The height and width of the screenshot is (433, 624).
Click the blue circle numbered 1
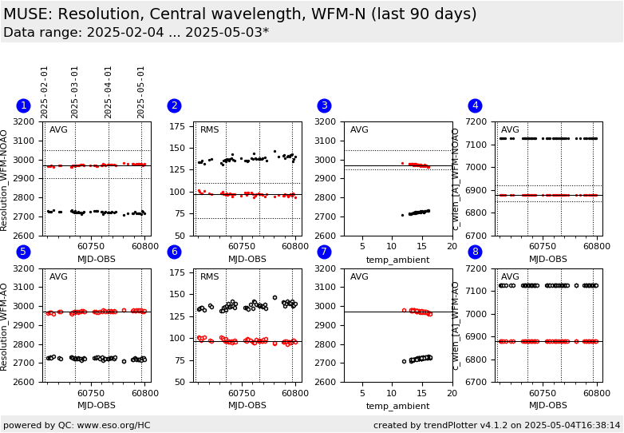(x=23, y=105)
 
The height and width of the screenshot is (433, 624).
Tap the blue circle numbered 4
(x=475, y=105)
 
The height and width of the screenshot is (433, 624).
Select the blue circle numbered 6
(x=174, y=252)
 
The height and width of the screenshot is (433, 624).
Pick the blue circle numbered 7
(x=324, y=252)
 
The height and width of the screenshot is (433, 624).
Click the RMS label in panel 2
(x=210, y=130)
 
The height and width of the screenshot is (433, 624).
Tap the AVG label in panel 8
(x=510, y=276)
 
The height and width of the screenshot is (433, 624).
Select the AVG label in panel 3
(x=359, y=130)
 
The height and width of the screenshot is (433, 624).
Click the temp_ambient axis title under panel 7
(x=397, y=406)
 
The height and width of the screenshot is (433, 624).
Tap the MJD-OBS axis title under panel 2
(x=247, y=260)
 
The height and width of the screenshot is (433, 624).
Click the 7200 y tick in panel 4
(x=480, y=122)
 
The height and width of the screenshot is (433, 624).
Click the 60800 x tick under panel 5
(x=144, y=393)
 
